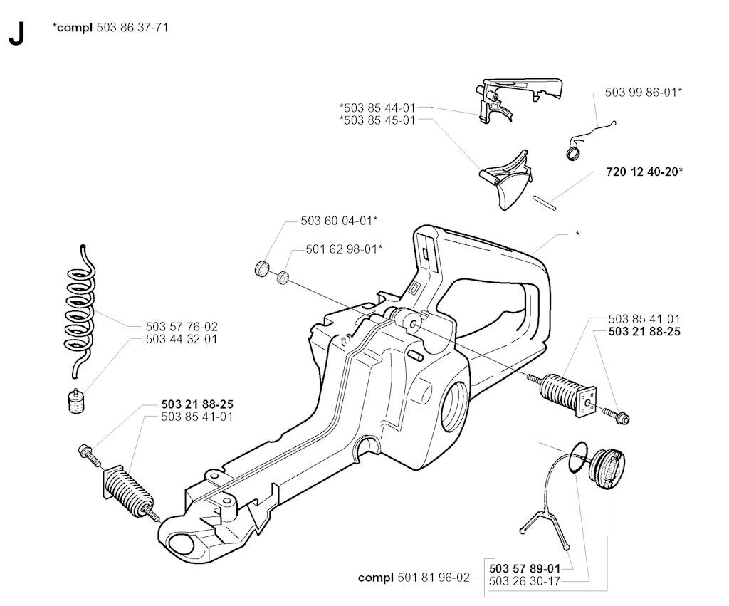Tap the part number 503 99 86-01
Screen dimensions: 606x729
[641, 93]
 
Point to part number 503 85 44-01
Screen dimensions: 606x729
[378, 108]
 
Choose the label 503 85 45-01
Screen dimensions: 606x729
[378, 120]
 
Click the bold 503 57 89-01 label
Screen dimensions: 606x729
[525, 568]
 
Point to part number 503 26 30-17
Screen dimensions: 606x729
[525, 580]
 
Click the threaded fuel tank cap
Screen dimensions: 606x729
[604, 467]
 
